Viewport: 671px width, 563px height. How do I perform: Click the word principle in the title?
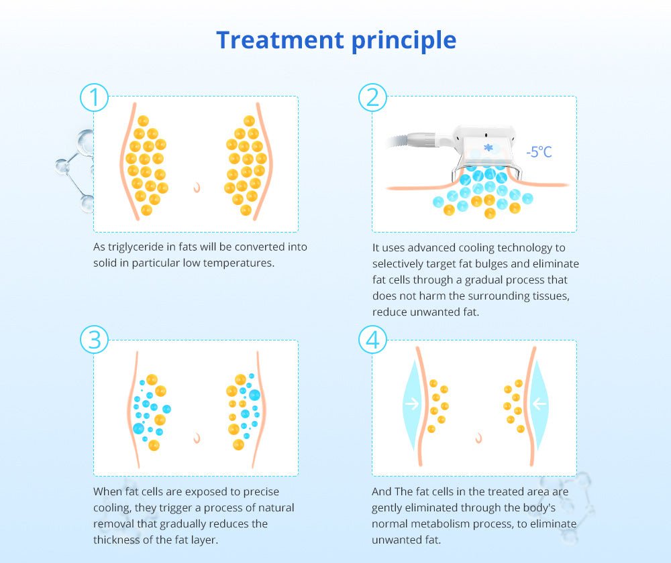click(x=404, y=41)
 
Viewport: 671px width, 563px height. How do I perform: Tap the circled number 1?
click(x=94, y=97)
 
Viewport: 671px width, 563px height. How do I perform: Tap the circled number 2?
click(x=372, y=97)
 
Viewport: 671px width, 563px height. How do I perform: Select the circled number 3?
click(x=94, y=340)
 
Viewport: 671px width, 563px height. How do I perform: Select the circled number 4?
click(x=372, y=340)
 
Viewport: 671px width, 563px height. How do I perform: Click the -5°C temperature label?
click(x=539, y=151)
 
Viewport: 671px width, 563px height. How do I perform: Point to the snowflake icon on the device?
click(x=488, y=147)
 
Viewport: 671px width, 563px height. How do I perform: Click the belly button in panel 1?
click(x=197, y=187)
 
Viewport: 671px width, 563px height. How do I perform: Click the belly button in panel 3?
click(x=197, y=438)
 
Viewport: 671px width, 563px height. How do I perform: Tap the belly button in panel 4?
click(x=479, y=438)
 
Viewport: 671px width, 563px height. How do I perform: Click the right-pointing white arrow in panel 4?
click(x=412, y=403)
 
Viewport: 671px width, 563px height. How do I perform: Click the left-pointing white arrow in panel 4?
click(x=539, y=403)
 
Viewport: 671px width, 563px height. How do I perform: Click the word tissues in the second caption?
click(x=551, y=296)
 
